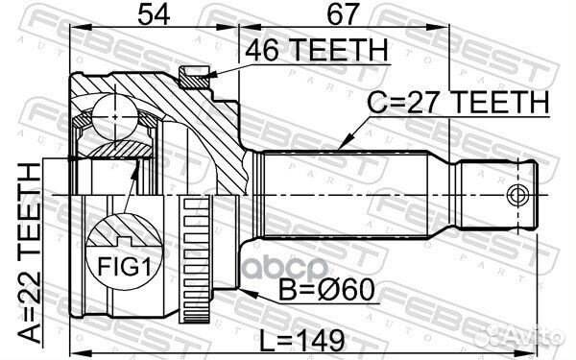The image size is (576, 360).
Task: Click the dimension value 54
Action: pyautogui.click(x=150, y=14)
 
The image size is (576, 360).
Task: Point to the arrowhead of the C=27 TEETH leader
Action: pyautogui.click(x=343, y=145)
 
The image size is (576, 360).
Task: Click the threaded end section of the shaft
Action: pyautogui.click(x=493, y=196)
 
